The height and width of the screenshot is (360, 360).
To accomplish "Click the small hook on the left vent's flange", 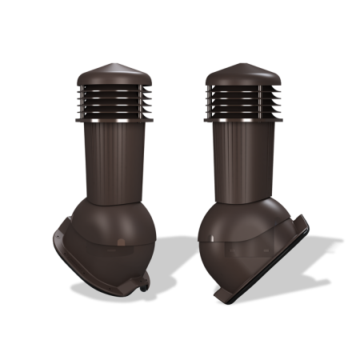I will [x=144, y=282].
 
